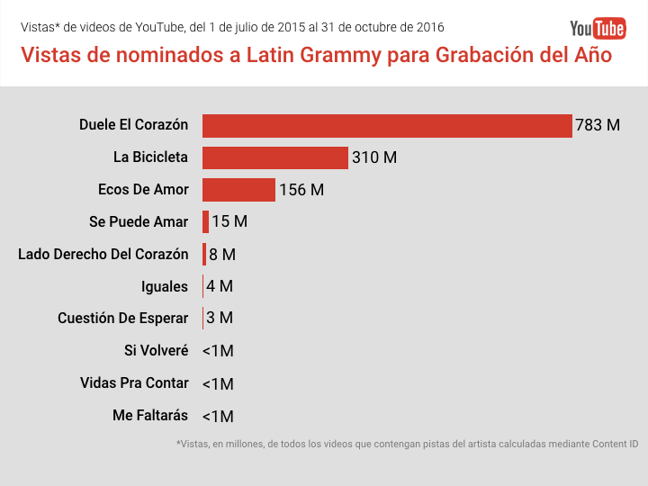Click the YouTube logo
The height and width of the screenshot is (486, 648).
coord(598,29)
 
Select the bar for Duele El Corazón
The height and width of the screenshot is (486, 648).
coord(387,125)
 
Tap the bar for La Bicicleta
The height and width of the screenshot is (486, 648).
coord(274,157)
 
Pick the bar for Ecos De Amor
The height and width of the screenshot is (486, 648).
coord(238,190)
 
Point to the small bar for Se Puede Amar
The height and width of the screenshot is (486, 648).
coord(206,221)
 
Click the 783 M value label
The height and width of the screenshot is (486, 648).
coord(598,125)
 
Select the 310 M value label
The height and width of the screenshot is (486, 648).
coord(374,157)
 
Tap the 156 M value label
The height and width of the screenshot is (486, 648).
coord(301,190)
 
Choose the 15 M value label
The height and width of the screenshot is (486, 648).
coord(229,221)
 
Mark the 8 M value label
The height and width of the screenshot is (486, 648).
coord(222,255)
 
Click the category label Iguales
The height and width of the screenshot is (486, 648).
coord(165,286)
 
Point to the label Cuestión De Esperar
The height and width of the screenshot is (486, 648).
coord(123,319)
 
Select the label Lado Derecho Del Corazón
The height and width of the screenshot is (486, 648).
coord(103,255)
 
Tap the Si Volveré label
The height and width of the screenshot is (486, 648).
coord(157,351)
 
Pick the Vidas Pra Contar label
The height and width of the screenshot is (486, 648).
coord(134,383)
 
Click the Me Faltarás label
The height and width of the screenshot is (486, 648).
coord(150,416)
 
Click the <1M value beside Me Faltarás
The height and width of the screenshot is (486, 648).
coord(218,417)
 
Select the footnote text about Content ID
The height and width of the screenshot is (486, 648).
coord(408,445)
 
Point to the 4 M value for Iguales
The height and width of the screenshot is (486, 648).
coord(220,287)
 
